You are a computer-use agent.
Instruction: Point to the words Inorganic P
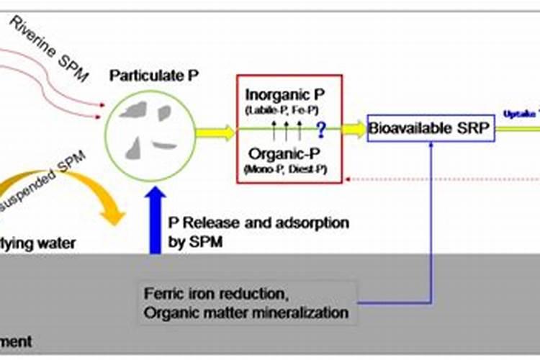tap(285, 94)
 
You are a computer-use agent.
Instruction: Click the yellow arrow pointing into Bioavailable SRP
tap(353, 130)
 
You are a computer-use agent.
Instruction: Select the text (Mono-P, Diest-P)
tap(284, 168)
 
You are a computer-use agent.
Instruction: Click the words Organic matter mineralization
tap(246, 313)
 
